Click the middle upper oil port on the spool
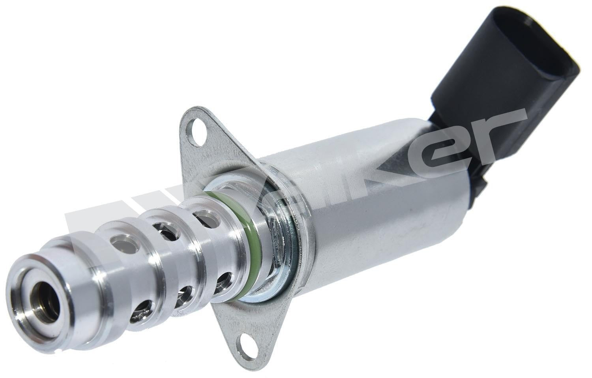coord(160,229)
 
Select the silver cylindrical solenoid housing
coord(355,197)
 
